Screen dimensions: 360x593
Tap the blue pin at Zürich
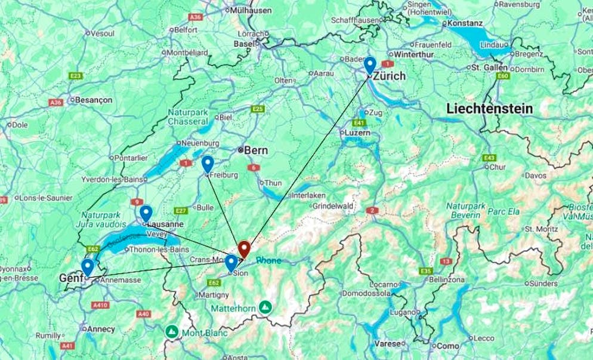tap(370, 64)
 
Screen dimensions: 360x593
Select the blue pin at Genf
tap(88, 267)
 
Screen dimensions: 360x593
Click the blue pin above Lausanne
tap(146, 213)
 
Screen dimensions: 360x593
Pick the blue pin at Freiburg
tap(208, 164)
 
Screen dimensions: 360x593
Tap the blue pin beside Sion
tap(231, 263)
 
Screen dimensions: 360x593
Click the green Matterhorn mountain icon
tap(265, 307)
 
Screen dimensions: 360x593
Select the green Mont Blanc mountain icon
tap(172, 331)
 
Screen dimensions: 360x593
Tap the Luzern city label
tap(357, 133)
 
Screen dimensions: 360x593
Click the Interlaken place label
tap(308, 195)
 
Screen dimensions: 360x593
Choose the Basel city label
tap(244, 44)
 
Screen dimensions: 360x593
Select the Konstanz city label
tap(464, 23)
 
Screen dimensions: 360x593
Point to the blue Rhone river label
tap(268, 260)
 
